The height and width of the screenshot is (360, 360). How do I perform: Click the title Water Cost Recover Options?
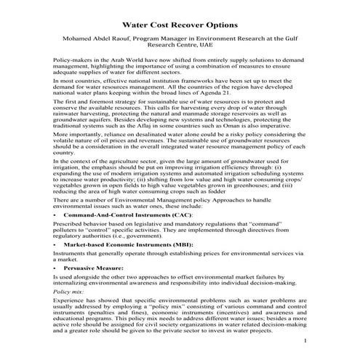(x=181, y=25)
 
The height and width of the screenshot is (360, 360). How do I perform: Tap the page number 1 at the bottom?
(x=306, y=343)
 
